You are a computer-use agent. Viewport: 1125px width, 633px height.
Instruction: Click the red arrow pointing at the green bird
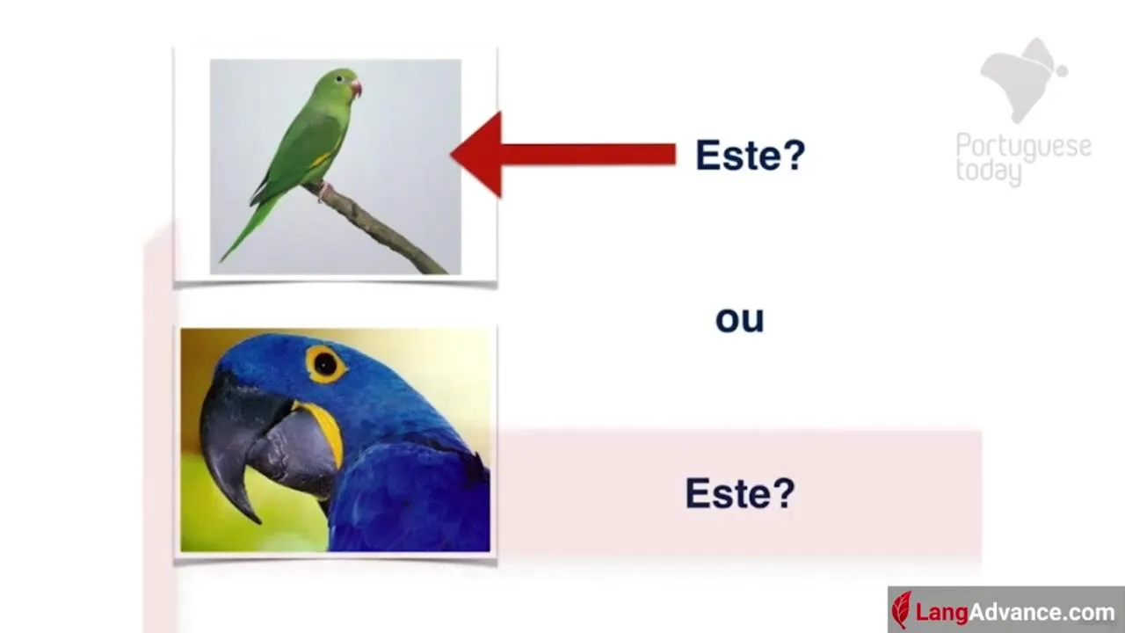point(562,154)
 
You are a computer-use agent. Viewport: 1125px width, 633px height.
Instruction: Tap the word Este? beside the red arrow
point(751,155)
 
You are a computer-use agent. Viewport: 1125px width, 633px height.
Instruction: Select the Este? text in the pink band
point(740,493)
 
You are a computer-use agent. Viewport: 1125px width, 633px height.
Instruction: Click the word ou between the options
point(739,319)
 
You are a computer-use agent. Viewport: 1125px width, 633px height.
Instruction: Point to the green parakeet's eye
point(339,79)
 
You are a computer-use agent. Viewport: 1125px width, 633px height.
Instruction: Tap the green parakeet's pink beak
point(356,89)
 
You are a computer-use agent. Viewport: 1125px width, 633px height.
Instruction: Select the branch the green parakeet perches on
point(377,229)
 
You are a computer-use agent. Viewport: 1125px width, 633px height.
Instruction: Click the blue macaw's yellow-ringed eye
point(325,364)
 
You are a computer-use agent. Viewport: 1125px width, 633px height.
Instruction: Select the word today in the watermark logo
point(989,171)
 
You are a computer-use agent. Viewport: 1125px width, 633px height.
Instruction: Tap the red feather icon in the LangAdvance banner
point(902,610)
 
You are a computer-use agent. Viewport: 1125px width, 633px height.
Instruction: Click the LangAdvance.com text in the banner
point(1015,613)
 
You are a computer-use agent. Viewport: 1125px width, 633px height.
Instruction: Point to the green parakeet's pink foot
point(324,191)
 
